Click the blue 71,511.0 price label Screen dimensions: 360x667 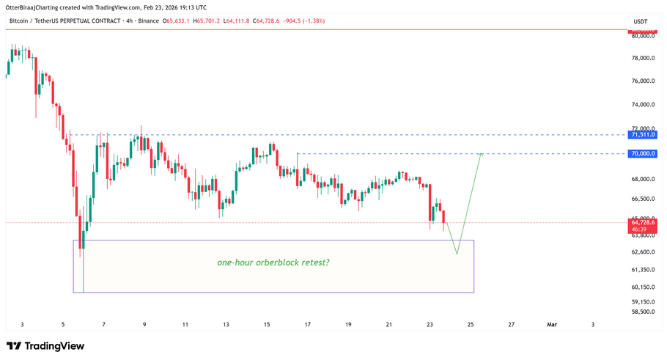point(642,135)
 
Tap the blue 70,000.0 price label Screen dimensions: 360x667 point(642,154)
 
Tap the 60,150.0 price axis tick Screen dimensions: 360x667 point(643,287)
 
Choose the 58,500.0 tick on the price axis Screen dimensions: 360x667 point(643,312)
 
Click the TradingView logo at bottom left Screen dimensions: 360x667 point(45,346)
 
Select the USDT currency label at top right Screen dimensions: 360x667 point(641,21)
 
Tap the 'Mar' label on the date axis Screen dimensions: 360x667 point(552,324)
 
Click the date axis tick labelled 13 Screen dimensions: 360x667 point(226,324)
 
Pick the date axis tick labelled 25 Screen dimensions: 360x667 point(471,324)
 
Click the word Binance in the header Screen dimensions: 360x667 point(149,21)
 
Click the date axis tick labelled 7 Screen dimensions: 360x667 point(104,324)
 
